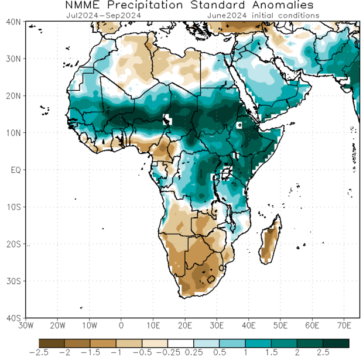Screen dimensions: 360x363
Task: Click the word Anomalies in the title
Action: coord(275,5)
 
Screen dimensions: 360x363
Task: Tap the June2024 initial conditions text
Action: coord(263,15)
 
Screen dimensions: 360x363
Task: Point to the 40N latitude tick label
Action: coord(13,22)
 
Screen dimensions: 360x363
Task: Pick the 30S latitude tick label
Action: coord(13,281)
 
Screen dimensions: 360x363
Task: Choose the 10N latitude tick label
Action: coord(13,133)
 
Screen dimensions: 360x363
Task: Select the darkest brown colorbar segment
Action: coord(52,343)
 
